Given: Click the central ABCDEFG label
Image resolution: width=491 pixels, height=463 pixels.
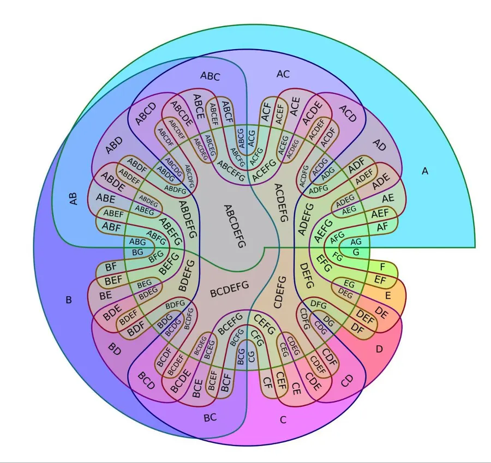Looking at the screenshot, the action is point(235,226).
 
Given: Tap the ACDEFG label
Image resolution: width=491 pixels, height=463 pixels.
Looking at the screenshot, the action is point(281,202).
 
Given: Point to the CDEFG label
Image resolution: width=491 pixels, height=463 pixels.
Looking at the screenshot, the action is point(279,292).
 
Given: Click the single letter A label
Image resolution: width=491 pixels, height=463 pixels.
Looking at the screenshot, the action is point(424,171).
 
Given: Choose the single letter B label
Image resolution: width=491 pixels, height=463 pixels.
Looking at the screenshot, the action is point(69,300).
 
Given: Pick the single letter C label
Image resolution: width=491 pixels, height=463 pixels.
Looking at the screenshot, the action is point(283,420).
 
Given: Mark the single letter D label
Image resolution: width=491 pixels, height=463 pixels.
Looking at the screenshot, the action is point(379,348).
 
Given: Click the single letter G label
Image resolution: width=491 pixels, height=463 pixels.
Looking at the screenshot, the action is point(356,252).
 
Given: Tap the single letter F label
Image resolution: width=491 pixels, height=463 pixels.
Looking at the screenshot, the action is point(382,267).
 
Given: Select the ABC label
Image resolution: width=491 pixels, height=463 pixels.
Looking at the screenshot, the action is point(210,76).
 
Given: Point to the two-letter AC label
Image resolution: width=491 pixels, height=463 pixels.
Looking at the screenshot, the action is point(283,74).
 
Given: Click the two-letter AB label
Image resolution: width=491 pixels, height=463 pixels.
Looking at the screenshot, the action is point(73,199).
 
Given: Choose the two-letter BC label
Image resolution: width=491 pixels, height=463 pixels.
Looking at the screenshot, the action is point(210,418).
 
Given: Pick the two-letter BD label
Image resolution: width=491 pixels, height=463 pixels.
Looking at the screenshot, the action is point(115,349).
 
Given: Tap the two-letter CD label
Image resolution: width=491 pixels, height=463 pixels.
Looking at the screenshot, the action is point(346,381).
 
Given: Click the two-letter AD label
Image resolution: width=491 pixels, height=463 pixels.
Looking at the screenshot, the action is point(379,145).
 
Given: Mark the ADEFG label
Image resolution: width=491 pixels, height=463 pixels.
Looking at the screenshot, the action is point(306,219).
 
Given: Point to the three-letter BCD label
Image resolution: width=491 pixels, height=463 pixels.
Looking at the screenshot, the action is point(146,380).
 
